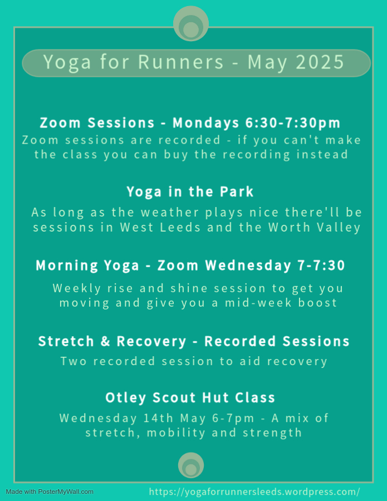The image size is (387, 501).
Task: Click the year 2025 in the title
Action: click(x=320, y=62)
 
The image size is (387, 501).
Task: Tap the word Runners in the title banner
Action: click(x=180, y=62)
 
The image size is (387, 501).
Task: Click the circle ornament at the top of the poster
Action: click(x=191, y=23)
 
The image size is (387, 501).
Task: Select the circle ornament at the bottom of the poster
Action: click(x=191, y=465)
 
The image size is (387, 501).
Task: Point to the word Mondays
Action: click(x=206, y=123)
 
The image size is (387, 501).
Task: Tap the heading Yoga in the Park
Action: click(x=190, y=191)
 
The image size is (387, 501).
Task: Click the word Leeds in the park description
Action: click(x=180, y=227)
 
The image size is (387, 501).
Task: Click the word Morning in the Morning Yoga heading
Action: click(x=67, y=266)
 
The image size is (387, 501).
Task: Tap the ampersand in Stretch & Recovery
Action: click(x=105, y=341)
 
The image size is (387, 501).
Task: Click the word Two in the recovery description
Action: click(x=74, y=361)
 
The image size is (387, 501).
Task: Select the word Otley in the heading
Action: click(x=126, y=398)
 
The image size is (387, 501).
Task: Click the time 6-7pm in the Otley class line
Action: click(x=233, y=418)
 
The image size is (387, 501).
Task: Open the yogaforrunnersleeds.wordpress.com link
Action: click(x=254, y=492)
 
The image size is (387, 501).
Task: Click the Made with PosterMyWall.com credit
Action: click(x=50, y=492)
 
